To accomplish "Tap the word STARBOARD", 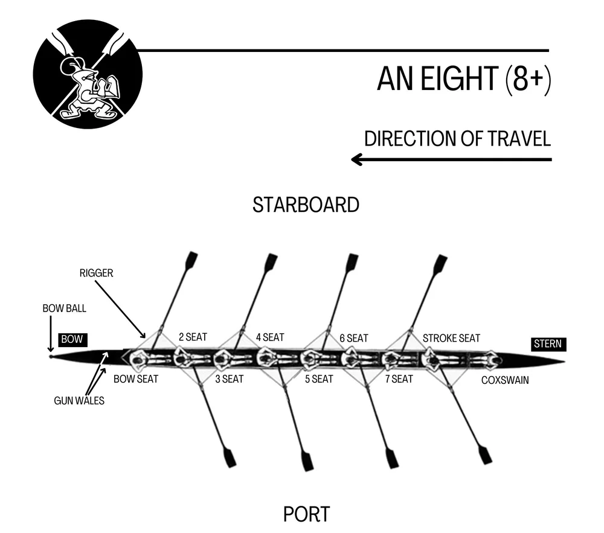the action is tap(306, 205).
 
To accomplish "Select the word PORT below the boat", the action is tap(306, 514).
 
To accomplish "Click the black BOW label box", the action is tap(71, 339).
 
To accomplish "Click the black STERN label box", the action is tap(548, 344).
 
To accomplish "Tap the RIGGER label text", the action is tap(96, 273).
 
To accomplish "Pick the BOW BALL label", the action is tap(64, 308).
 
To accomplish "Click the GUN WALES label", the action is tap(79, 400).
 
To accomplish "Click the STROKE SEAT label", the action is tap(451, 338).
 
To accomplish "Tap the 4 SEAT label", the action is tap(269, 337).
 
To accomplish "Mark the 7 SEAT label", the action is tap(399, 379).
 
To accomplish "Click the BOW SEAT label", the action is tap(136, 379).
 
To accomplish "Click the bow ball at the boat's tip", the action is tap(52, 356).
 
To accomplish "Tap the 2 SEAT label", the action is tap(193, 337).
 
